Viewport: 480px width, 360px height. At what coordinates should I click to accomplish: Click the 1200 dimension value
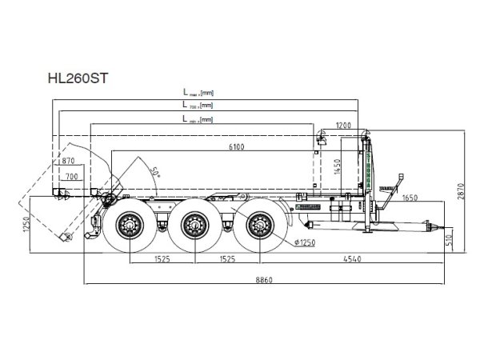click(x=343, y=126)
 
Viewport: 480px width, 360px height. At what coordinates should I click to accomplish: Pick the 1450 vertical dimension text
click(x=337, y=167)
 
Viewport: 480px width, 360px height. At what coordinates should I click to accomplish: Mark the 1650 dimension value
click(x=410, y=196)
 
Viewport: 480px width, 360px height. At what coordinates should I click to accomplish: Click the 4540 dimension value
click(x=353, y=259)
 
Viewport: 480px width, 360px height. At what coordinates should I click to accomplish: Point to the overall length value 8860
click(x=264, y=278)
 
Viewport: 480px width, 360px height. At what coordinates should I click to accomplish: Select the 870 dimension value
click(x=68, y=162)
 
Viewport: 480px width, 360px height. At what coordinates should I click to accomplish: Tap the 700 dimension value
click(x=72, y=176)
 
